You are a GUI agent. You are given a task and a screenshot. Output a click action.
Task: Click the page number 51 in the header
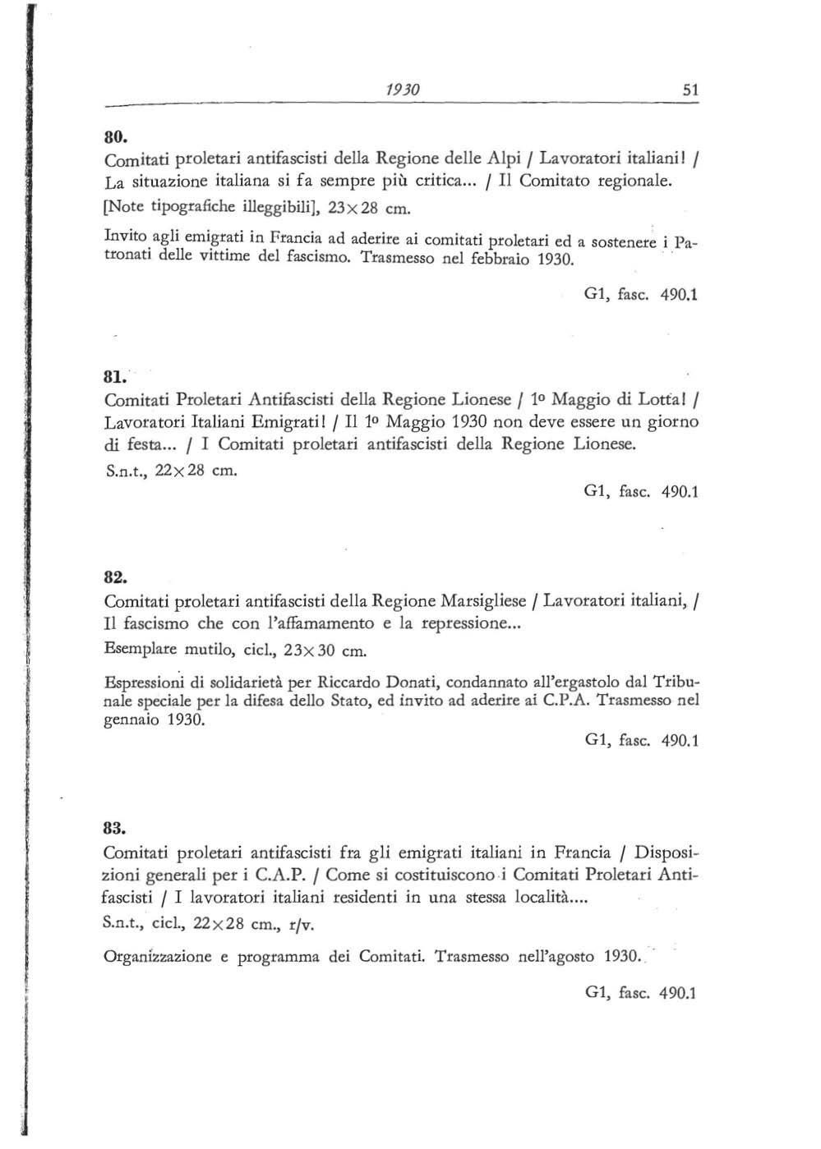tap(690, 90)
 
